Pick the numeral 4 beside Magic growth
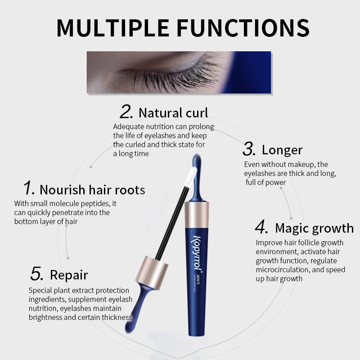coord(261,227)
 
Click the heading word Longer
coord(282,150)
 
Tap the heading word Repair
coord(69,274)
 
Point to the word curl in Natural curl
coord(197,112)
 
